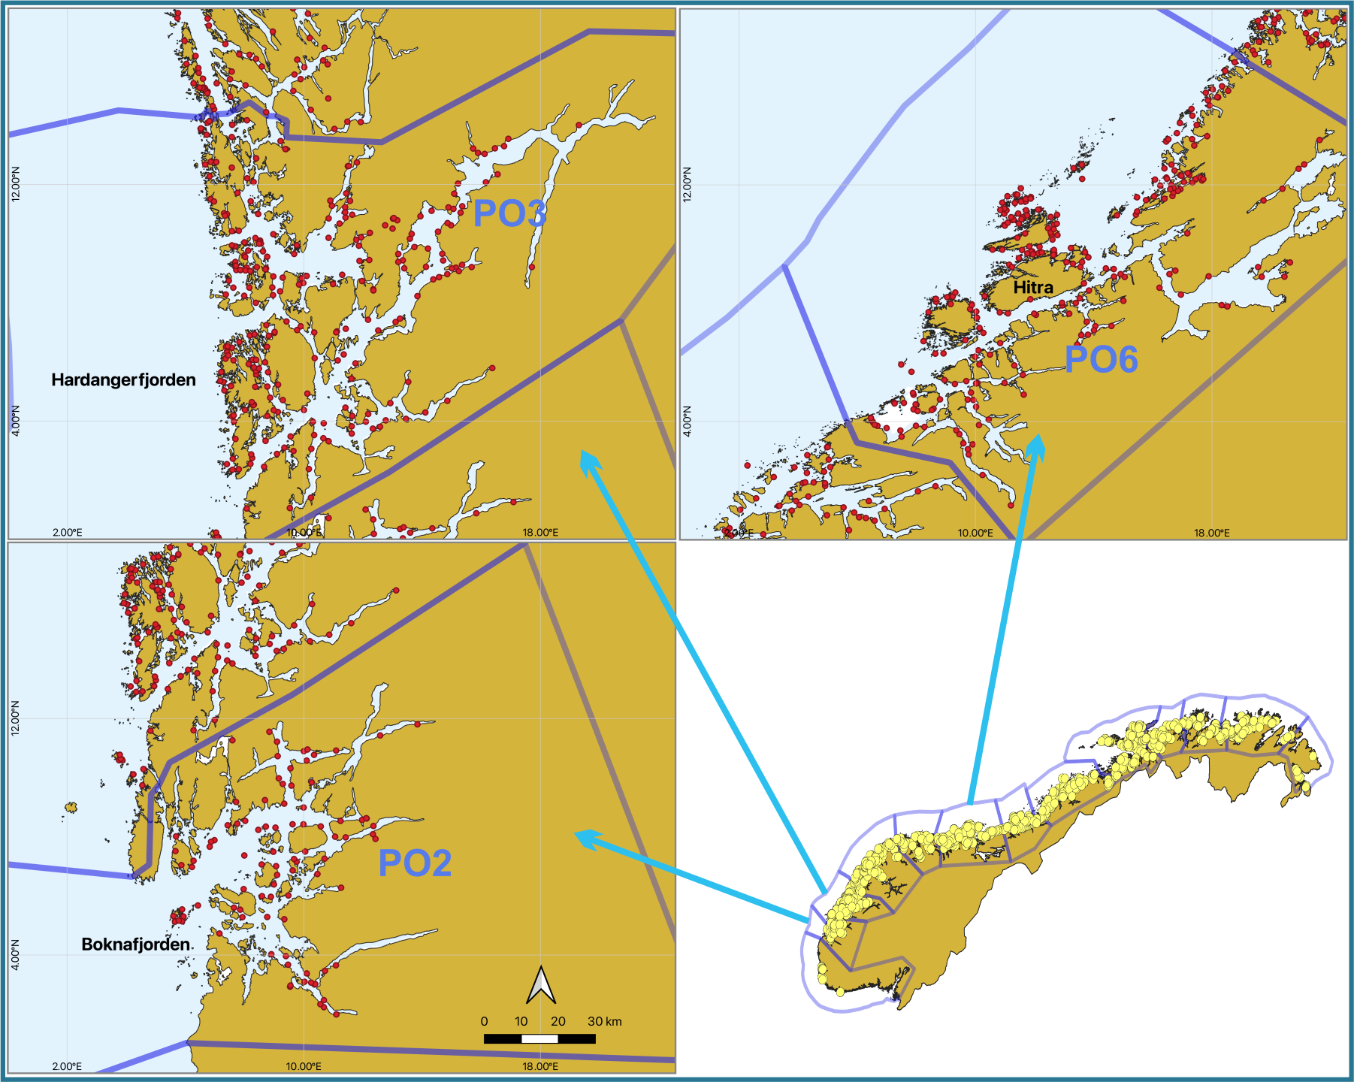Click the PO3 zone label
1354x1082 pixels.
tap(509, 214)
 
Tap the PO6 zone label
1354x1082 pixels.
tap(1101, 359)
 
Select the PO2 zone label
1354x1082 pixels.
tap(415, 863)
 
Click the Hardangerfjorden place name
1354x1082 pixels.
tap(123, 380)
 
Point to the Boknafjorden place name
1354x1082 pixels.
tap(136, 944)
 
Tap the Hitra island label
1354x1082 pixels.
tap(1032, 288)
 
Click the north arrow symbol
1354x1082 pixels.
tap(541, 985)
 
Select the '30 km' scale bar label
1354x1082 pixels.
tap(605, 1021)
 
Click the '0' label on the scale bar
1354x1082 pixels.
tap(484, 1021)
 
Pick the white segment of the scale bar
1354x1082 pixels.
tap(539, 1039)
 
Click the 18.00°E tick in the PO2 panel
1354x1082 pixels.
tap(540, 1066)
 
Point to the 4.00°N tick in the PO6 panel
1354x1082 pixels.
tap(687, 421)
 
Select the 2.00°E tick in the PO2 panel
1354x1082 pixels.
tap(67, 1066)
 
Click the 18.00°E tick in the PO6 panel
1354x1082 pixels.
tap(1212, 533)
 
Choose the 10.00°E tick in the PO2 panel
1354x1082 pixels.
tap(304, 1066)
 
